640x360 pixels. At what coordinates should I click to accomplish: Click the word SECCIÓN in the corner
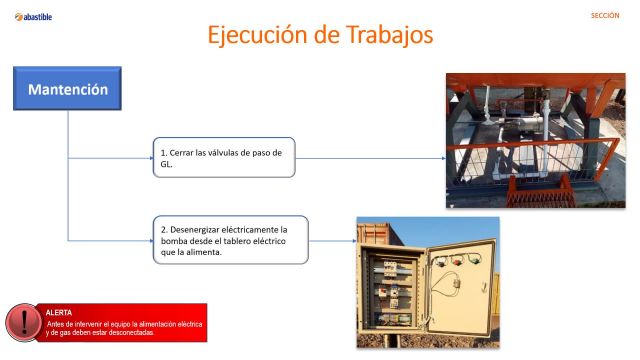tap(605, 16)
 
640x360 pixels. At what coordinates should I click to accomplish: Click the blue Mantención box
tap(67, 89)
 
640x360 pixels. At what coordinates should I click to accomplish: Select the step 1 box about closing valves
tap(224, 158)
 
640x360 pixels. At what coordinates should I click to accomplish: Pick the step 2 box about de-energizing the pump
tap(230, 240)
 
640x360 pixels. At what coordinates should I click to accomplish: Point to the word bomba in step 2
tap(175, 241)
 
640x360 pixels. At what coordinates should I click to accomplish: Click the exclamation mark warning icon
tap(21, 322)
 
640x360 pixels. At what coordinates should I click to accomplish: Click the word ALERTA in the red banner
tap(60, 312)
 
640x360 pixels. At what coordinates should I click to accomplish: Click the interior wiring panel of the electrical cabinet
tap(392, 290)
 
